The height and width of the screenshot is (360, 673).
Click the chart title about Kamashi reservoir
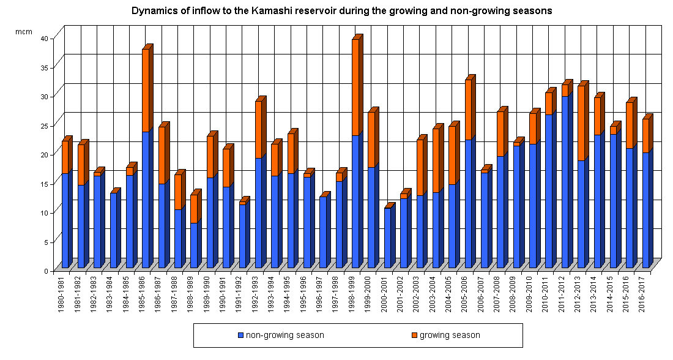(x=342, y=11)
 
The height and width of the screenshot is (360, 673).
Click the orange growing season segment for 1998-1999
(x=355, y=87)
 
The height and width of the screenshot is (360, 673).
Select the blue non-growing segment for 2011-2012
(x=565, y=182)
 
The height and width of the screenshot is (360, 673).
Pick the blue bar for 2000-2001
(x=387, y=238)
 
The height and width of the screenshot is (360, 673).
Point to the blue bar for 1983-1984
(x=114, y=230)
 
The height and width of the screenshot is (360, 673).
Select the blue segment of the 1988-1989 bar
(x=194, y=245)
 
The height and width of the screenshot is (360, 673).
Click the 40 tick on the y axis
(x=53, y=38)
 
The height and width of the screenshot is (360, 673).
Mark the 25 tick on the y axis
(x=53, y=125)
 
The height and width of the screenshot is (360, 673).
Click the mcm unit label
(x=24, y=31)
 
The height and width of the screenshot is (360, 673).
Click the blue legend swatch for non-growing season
(x=241, y=336)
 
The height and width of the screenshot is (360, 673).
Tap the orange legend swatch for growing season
(x=414, y=336)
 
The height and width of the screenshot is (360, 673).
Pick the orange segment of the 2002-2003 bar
(x=420, y=168)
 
